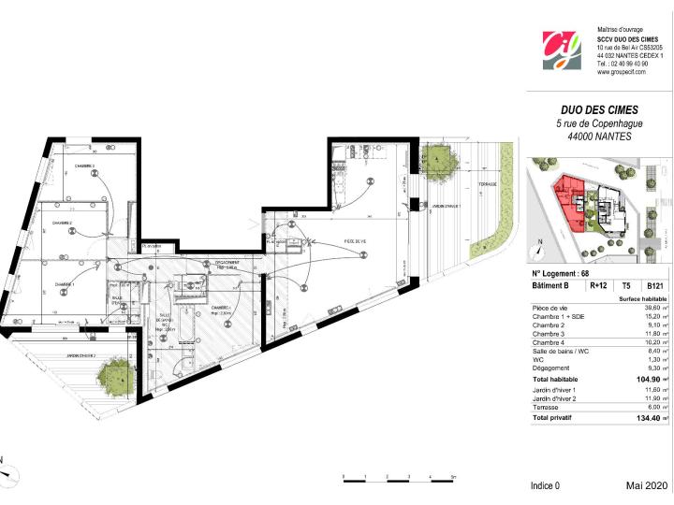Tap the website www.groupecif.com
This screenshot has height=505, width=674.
(622, 71)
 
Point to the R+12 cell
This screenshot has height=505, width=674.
(596, 287)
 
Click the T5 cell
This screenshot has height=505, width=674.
(624, 287)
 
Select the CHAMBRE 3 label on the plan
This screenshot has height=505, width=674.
(87, 166)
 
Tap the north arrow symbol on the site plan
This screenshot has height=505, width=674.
(540, 250)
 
